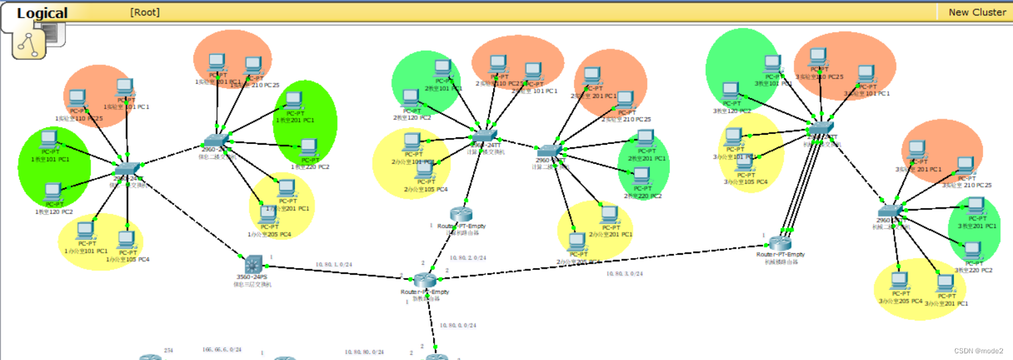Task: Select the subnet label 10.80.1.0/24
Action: coord(335,265)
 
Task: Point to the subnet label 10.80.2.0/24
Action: coord(468,257)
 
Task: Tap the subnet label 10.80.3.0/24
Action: coord(624,273)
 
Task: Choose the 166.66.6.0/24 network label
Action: coord(222,349)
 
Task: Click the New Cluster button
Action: coord(977,12)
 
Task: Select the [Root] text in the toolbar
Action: coord(145,12)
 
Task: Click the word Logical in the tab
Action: coord(42,13)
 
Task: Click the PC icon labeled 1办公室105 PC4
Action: coord(127,240)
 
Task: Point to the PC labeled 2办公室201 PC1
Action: coord(608,215)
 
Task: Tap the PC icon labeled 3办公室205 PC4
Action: coord(899,282)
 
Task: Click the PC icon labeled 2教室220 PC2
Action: coord(640,177)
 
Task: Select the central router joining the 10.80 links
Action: coord(424,281)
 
